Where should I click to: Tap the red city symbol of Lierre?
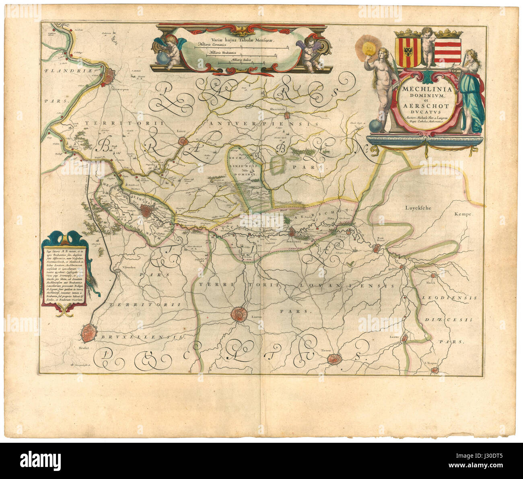[x=183, y=141]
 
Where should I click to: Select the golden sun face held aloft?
[x=367, y=47]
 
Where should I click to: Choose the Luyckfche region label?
[x=418, y=208]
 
